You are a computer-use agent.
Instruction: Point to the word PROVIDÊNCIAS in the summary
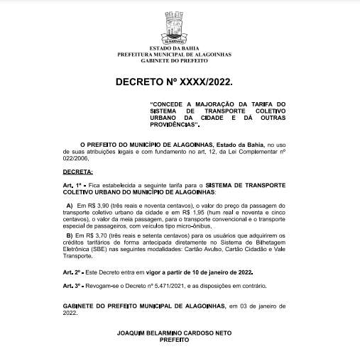[x=167, y=124]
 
